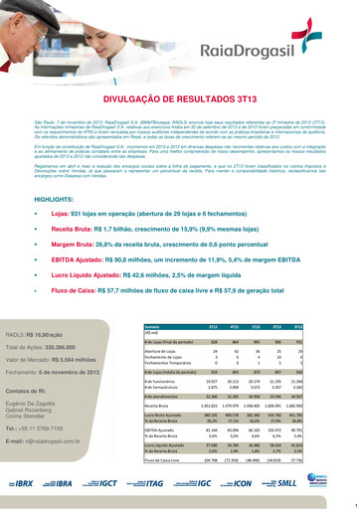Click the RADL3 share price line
63,337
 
